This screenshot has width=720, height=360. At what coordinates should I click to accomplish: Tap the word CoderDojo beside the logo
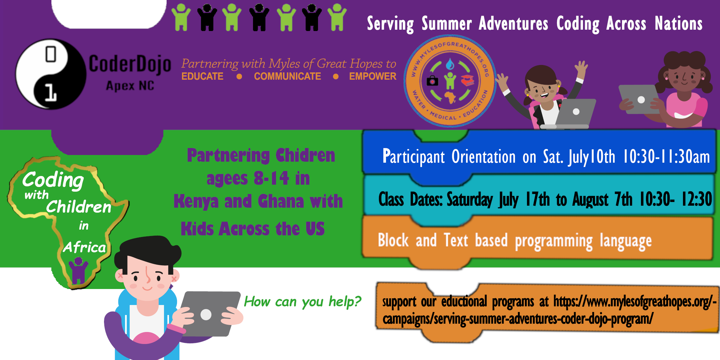coord(130,64)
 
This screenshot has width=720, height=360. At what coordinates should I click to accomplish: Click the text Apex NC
coord(130,86)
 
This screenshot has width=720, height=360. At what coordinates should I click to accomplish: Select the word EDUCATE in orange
coord(202,76)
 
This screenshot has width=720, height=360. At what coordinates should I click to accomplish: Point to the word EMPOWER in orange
coord(373,76)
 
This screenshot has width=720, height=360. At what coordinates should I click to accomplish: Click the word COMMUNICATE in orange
coord(287,76)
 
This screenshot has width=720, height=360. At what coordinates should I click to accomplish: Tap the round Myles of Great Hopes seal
coord(450,81)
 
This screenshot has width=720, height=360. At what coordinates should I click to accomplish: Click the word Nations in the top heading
coord(679,24)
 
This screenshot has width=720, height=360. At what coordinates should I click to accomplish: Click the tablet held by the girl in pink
coord(639,99)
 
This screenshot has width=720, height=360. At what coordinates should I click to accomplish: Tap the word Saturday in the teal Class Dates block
coord(469,199)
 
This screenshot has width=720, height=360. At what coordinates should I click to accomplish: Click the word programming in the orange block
coord(554,241)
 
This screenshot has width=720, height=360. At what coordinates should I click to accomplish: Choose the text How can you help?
coord(302,302)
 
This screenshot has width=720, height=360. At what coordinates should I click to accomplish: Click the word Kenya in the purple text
coord(196,201)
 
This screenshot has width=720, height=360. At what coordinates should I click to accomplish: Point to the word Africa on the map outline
coord(85,247)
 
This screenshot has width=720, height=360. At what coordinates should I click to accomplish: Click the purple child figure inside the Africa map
coord(78,270)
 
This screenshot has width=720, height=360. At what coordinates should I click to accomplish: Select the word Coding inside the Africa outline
coord(53,180)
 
